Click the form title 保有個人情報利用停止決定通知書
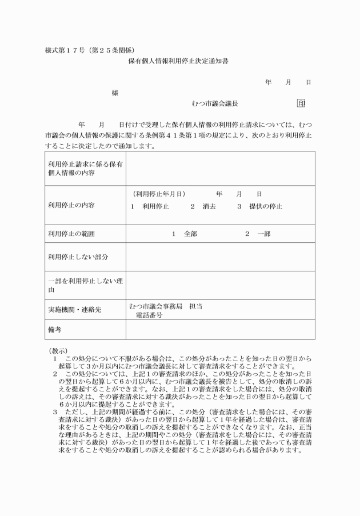pos(179,59)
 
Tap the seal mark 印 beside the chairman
pos(301,103)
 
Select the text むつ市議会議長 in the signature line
pos(215,103)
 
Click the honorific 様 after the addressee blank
pos(115,93)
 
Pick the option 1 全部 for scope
pos(184,234)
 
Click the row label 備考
pos(54,330)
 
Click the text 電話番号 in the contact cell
pos(149,315)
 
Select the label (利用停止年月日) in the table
pos(159,194)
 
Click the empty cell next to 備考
pos(220,330)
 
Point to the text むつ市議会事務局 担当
pos(166,306)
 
